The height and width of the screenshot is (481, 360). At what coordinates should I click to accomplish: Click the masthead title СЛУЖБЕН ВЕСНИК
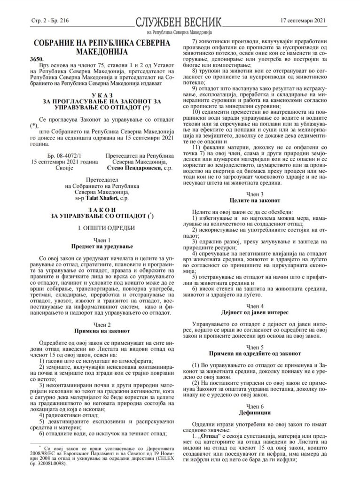(x=180, y=22)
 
